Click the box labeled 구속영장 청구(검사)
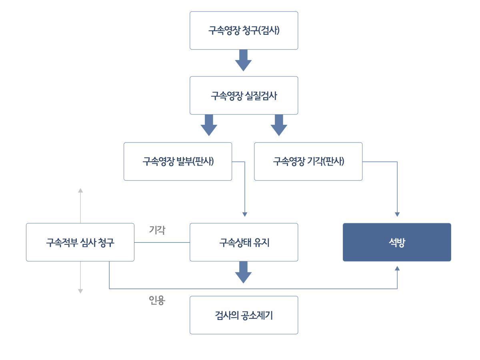(x=244, y=30)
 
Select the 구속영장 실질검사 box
(x=244, y=95)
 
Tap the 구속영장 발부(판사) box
(x=178, y=162)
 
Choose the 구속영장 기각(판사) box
(x=308, y=162)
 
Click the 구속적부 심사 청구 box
(x=80, y=242)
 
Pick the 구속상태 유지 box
(x=244, y=242)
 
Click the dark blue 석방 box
(x=397, y=242)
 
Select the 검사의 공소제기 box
(x=244, y=315)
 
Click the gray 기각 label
(x=157, y=230)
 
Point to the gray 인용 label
(x=157, y=300)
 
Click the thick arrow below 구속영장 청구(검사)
(x=243, y=60)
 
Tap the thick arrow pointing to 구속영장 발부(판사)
(x=209, y=125)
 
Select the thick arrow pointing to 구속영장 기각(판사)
(x=279, y=125)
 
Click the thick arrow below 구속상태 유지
(x=243, y=272)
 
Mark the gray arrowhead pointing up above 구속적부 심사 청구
(x=80, y=190)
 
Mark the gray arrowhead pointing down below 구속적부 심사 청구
(x=80, y=291)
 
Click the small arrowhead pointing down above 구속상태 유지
(x=245, y=214)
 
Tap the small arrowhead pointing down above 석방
(x=397, y=214)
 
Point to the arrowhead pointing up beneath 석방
(x=397, y=268)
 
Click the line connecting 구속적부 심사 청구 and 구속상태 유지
(x=162, y=242)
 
